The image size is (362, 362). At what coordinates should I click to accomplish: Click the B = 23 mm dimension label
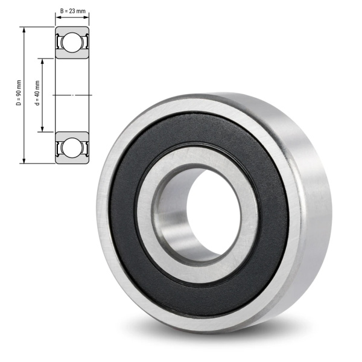point(73,11)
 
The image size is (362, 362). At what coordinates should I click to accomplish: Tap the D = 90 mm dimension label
point(19,93)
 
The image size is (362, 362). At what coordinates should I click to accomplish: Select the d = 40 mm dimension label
point(37,93)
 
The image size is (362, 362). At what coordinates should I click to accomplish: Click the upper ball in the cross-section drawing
point(72,42)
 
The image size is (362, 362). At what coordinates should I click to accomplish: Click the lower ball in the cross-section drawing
point(72,148)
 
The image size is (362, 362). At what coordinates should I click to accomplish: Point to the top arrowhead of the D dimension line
point(24,30)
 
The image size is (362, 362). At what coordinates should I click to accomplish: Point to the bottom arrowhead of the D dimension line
point(24,160)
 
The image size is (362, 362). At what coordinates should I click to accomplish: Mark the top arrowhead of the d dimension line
point(42,61)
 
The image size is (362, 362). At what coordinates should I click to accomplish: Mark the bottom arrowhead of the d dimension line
point(42,129)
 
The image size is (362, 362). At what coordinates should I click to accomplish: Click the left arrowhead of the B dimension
point(58,17)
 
